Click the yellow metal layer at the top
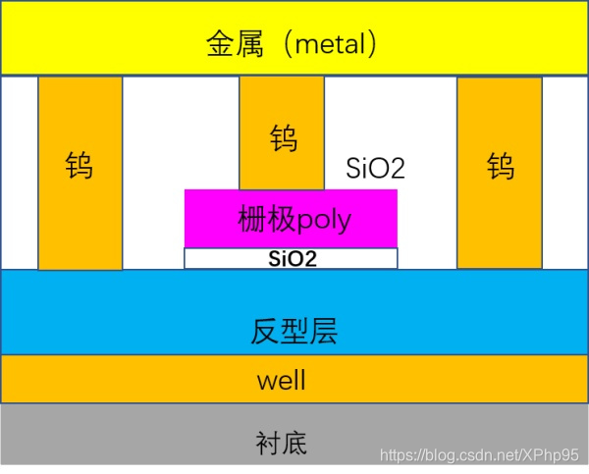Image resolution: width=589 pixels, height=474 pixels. (x=98, y=39)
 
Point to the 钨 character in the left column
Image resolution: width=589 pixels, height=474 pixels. (x=80, y=166)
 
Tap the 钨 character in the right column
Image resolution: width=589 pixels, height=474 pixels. (x=500, y=166)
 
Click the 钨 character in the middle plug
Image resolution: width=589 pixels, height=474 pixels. (x=283, y=138)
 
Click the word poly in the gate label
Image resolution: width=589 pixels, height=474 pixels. (x=325, y=219)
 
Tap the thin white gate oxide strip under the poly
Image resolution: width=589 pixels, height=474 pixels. (x=216, y=259)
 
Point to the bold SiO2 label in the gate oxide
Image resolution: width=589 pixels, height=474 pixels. (x=292, y=259)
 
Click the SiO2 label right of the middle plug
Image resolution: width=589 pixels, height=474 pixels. (x=376, y=168)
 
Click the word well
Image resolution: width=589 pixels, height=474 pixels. (x=281, y=380)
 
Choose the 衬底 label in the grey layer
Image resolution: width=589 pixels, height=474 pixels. (x=281, y=444)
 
